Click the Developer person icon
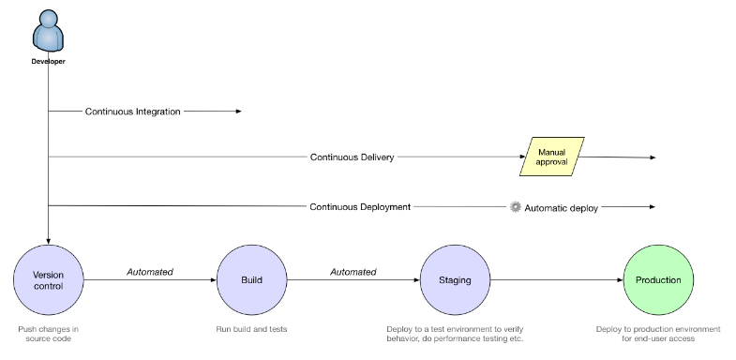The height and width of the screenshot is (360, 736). pos(48,32)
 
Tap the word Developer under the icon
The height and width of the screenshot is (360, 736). pos(48,62)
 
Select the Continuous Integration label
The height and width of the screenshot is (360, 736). pos(132,111)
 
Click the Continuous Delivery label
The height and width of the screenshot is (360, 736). pos(352,157)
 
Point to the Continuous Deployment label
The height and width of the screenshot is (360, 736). pos(360,206)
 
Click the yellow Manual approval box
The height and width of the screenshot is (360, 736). pos(552,156)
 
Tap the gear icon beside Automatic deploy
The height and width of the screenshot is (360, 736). pos(515,206)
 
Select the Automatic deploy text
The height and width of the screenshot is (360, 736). pos(561,207)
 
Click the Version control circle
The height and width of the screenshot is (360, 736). pos(48,279)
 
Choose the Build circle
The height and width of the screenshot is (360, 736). pos(251,279)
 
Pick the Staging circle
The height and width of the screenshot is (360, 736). pos(455,279)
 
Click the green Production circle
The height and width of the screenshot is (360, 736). pos(658,279)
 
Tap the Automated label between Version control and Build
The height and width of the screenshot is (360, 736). pos(150,272)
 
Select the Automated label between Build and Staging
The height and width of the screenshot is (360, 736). pos(353,272)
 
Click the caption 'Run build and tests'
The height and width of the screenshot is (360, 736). pos(251,329)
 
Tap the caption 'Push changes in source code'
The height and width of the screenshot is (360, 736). pos(48,334)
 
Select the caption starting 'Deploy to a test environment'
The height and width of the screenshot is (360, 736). pos(455,334)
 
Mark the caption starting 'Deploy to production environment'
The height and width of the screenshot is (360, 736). pos(658,334)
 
